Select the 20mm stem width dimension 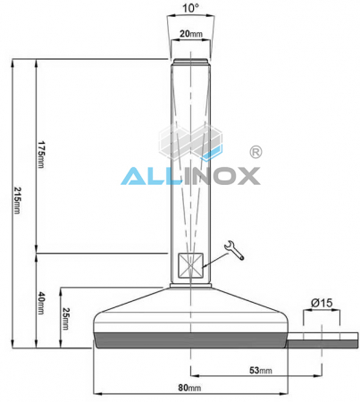188,33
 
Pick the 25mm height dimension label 65,319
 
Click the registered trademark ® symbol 255,153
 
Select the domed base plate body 188,313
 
